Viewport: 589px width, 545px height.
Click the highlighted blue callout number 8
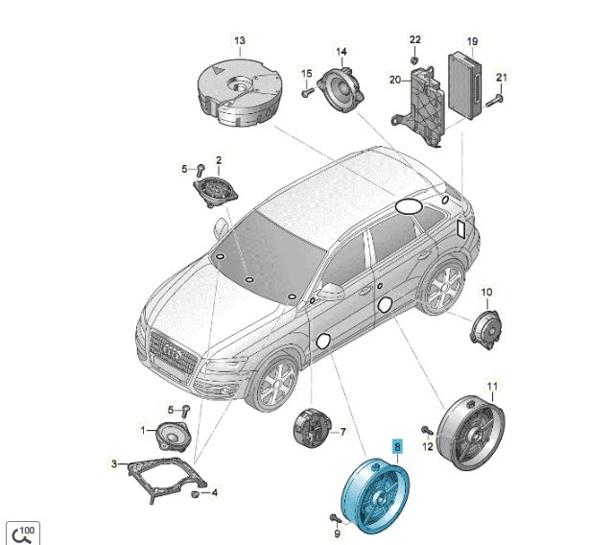click(397, 446)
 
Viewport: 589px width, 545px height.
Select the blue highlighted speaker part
click(375, 495)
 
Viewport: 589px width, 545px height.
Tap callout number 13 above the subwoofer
click(240, 40)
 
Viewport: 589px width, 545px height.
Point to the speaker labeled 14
click(342, 88)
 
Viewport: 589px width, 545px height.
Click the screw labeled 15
click(308, 91)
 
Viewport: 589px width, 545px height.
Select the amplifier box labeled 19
click(464, 85)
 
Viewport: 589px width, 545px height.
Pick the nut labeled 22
click(414, 60)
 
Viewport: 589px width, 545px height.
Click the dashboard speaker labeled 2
click(216, 192)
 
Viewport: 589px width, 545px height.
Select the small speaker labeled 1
click(174, 436)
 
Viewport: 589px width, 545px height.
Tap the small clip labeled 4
click(195, 494)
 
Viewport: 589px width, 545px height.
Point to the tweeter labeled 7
click(312, 428)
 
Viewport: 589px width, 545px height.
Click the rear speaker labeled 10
click(486, 329)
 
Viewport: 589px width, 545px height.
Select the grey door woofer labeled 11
click(472, 433)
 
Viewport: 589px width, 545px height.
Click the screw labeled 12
click(427, 430)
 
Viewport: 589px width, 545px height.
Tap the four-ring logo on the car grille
click(173, 351)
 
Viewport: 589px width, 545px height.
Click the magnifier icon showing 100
click(23, 533)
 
